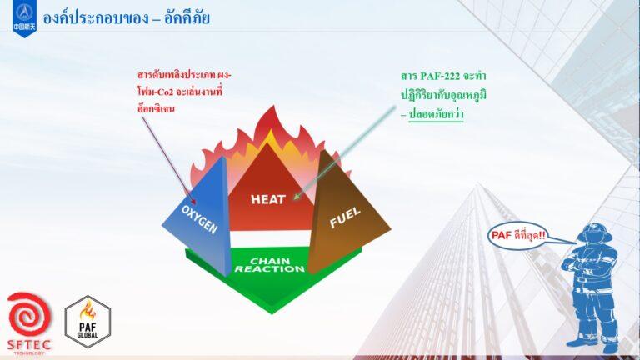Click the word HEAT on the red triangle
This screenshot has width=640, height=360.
[x=268, y=199]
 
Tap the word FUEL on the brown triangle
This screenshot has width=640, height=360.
[x=345, y=218]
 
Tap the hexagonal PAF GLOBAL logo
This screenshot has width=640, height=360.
[x=87, y=320]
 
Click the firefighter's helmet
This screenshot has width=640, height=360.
[x=594, y=232]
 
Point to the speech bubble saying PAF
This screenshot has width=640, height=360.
[x=517, y=235]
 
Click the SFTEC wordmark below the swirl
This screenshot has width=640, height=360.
[x=28, y=344]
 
